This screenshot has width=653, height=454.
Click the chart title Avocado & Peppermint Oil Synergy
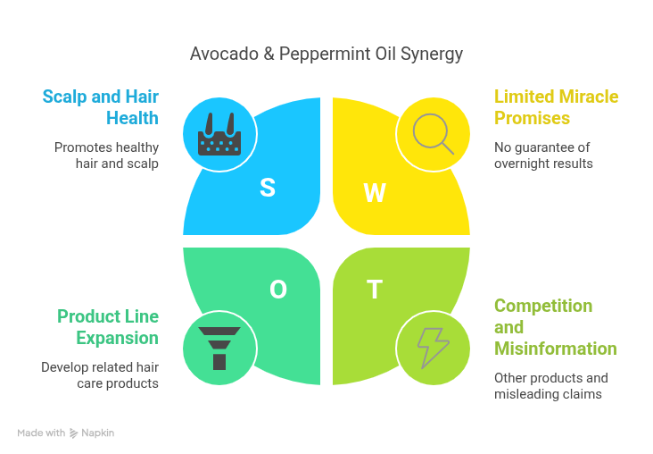326,54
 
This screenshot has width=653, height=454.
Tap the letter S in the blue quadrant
267,188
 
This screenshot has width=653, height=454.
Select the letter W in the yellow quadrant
375,193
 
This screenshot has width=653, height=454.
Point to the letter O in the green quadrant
277,290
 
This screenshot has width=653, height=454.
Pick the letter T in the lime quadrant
375,290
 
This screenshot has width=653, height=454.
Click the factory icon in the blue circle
219,136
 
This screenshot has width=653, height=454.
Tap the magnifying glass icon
433,134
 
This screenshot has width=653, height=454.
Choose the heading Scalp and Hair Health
100,106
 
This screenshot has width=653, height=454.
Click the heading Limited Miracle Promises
556,106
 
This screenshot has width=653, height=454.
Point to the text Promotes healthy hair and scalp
106,156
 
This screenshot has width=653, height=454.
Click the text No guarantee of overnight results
543,156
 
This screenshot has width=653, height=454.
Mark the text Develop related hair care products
100,375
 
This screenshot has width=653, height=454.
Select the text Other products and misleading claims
551,386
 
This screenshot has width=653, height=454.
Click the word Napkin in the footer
98,433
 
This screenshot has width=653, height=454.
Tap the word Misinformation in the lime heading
555,349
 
